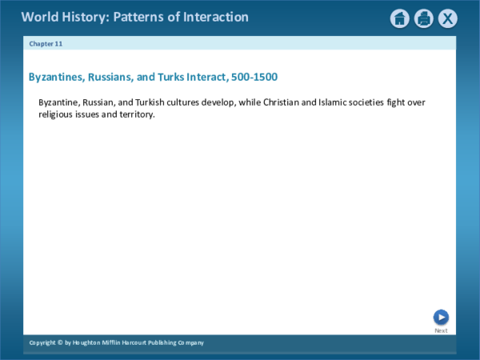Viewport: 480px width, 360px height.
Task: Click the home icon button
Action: coord(400,18)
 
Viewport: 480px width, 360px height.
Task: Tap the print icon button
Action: coord(424,18)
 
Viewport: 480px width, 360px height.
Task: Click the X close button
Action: coord(448,18)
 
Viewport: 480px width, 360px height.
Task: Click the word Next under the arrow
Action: coord(441,330)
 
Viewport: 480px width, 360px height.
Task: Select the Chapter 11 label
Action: coord(46,43)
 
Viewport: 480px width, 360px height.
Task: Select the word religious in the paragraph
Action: coord(56,114)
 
